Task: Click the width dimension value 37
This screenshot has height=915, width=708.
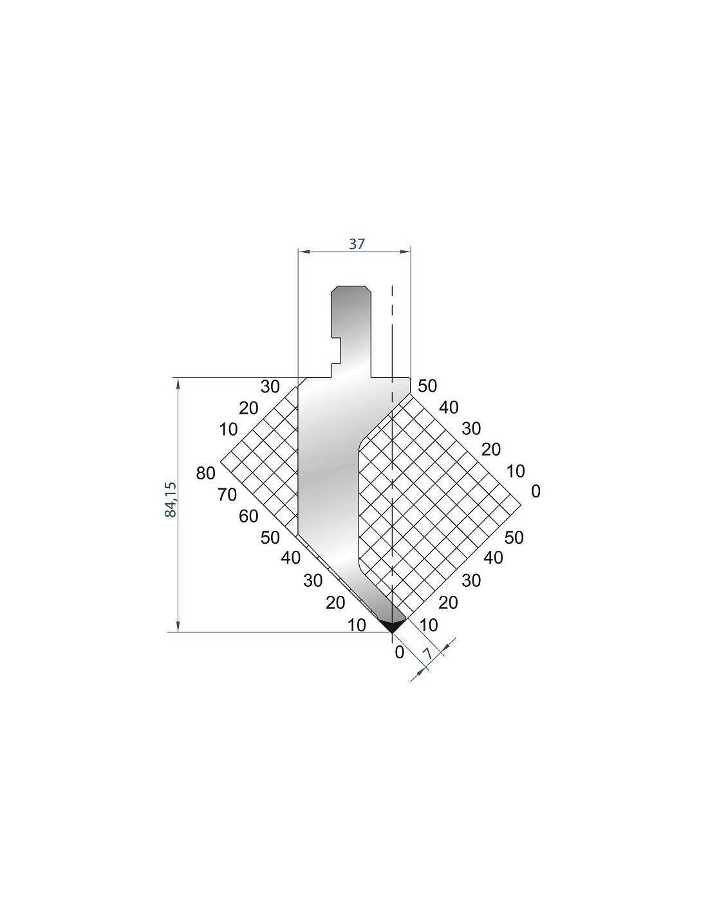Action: click(357, 243)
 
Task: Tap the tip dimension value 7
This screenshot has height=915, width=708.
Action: click(427, 654)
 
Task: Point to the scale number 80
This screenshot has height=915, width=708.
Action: click(205, 474)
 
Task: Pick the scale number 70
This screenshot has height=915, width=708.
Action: click(227, 494)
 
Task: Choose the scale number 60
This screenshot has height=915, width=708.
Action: click(248, 516)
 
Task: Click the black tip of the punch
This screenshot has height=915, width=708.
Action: click(392, 625)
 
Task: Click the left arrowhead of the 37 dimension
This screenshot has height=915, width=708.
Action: click(303, 252)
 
